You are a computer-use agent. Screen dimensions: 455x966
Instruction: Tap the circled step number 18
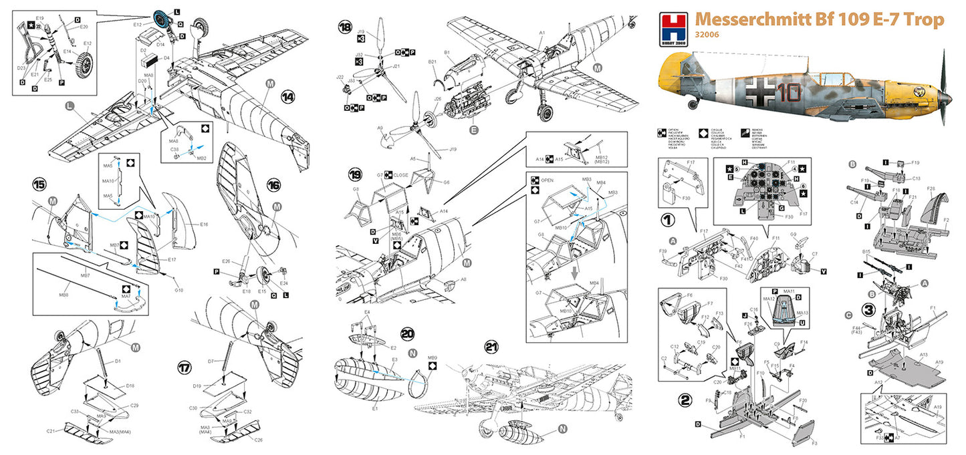[x=345, y=27]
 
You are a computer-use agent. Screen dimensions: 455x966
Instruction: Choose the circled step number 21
[x=491, y=347]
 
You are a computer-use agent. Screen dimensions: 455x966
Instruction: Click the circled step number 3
[x=869, y=309]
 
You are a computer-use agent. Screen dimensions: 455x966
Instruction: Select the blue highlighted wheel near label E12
[x=160, y=20]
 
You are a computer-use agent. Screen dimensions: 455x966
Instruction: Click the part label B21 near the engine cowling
[x=433, y=62]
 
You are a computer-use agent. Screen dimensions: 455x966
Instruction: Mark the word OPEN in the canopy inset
[x=547, y=180]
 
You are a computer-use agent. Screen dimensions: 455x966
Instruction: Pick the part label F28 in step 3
[x=931, y=190]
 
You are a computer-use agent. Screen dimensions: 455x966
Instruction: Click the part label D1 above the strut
[x=118, y=361]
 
